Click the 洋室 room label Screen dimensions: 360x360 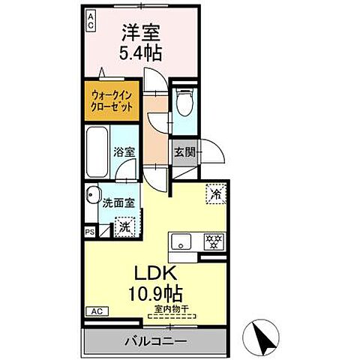(141, 33)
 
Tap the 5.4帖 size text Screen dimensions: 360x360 (141, 54)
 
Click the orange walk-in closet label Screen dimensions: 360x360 (112, 101)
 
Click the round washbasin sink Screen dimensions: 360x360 (92, 193)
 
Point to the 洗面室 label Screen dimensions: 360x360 (118, 201)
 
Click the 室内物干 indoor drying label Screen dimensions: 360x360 (171, 307)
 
